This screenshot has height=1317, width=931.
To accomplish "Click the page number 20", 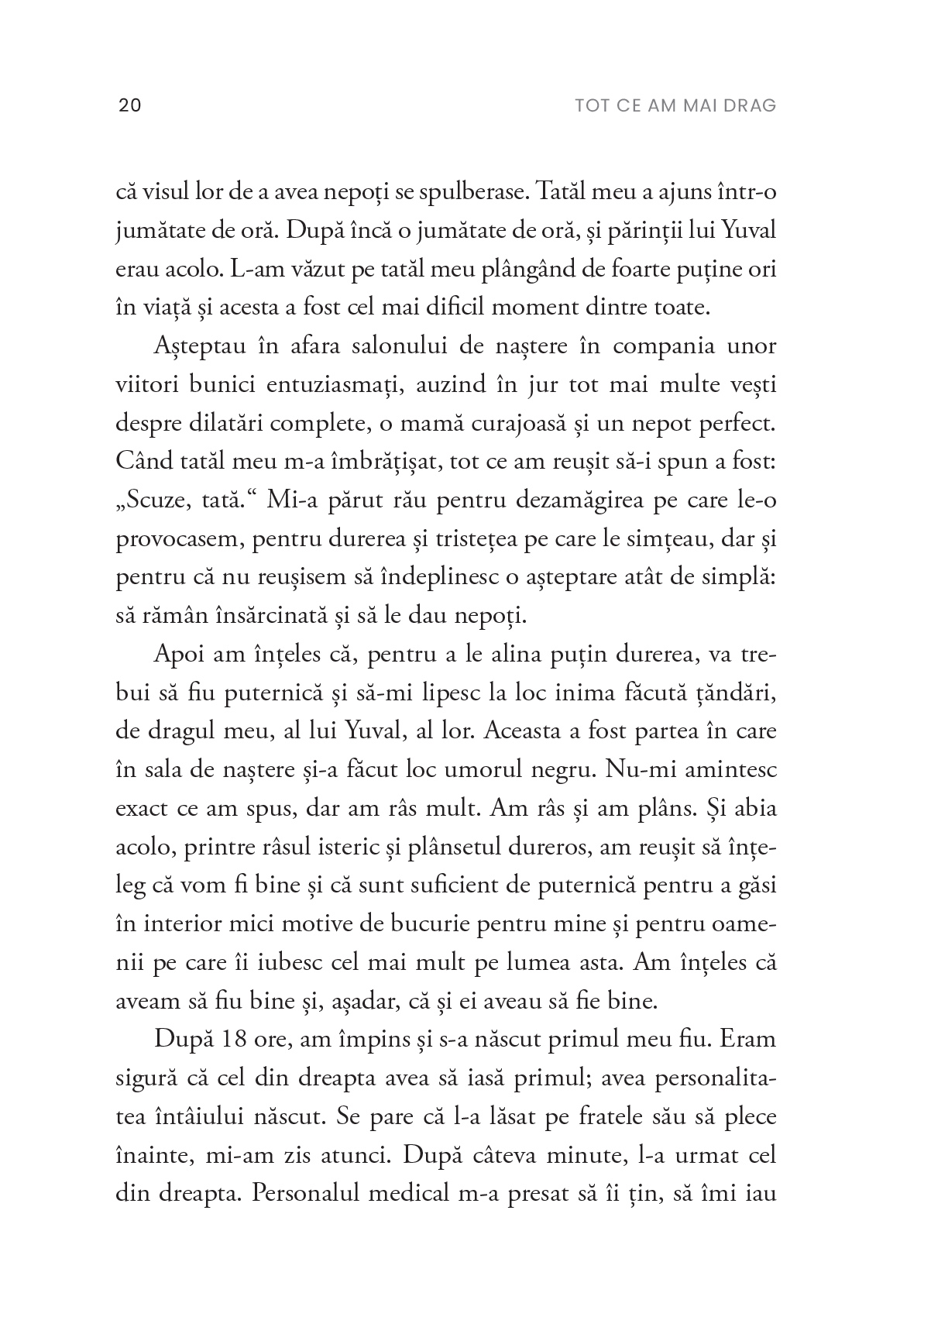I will pos(129,105).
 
